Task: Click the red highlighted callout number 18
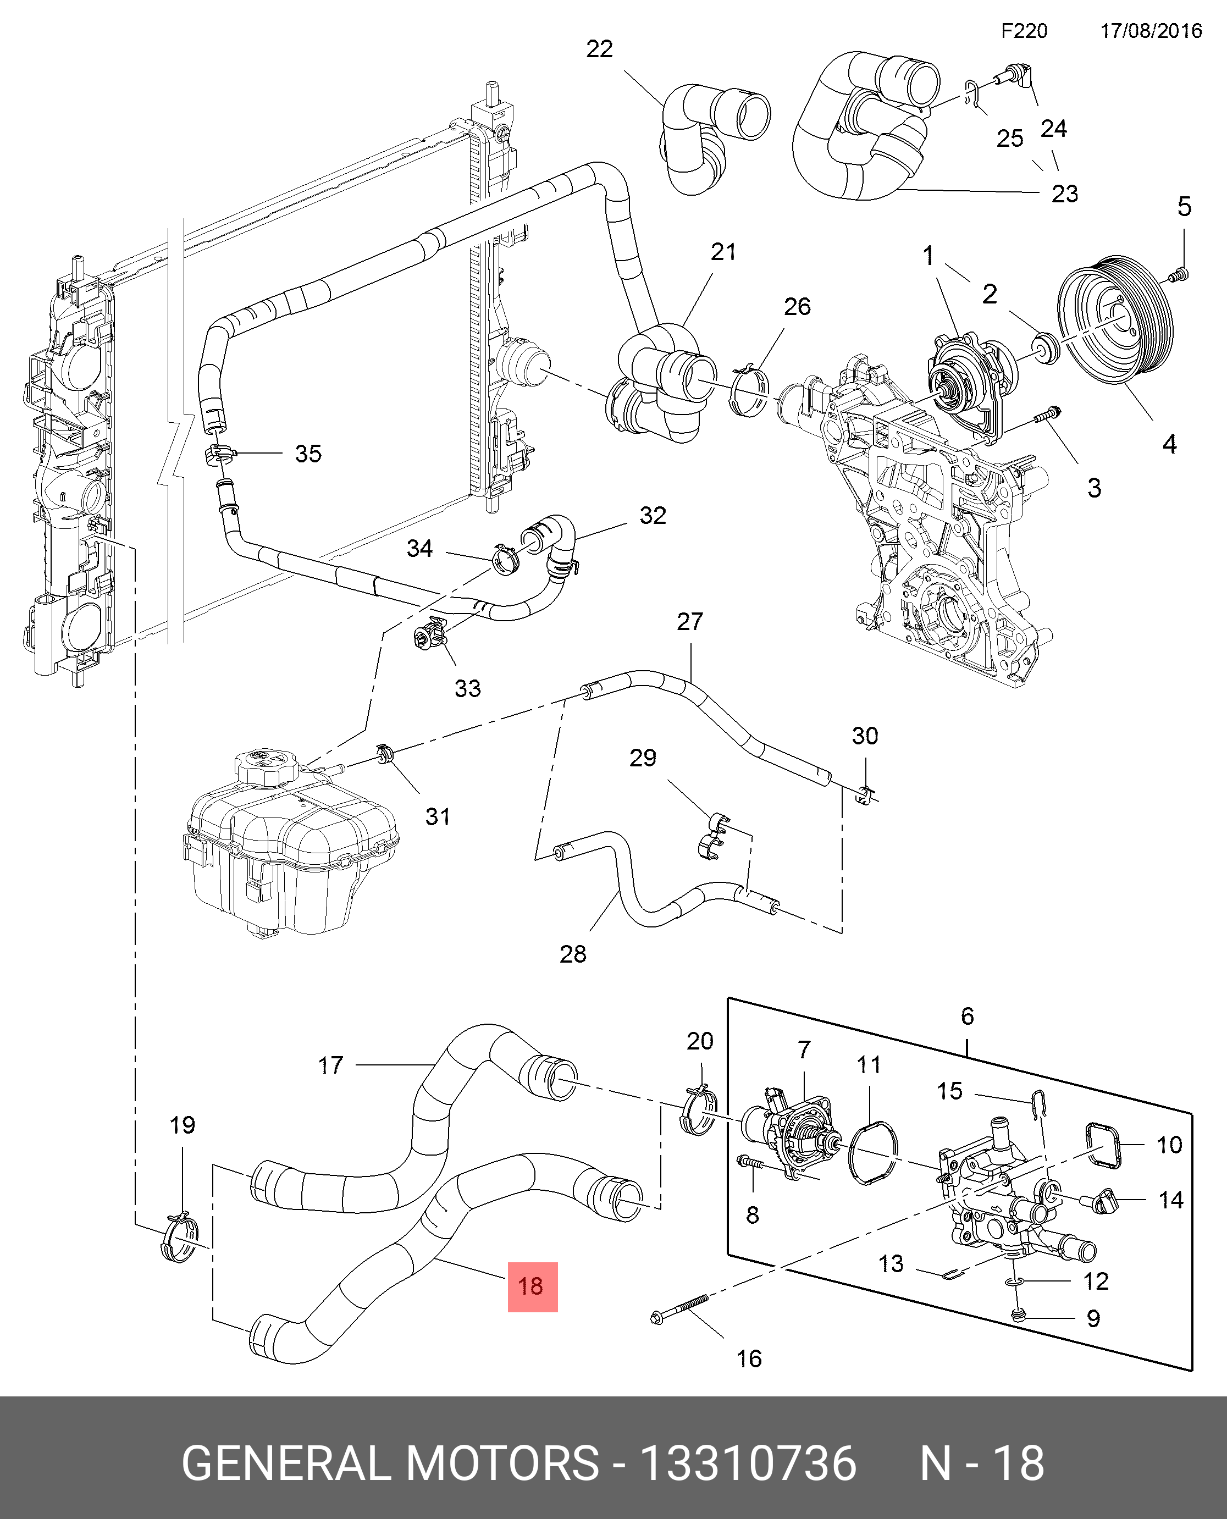pyautogui.click(x=532, y=1286)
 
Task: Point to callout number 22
pyautogui.click(x=599, y=49)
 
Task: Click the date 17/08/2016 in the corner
pyautogui.click(x=1151, y=30)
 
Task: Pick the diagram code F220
pyautogui.click(x=1024, y=30)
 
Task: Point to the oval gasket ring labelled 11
pyautogui.click(x=874, y=1152)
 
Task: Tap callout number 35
pyautogui.click(x=308, y=453)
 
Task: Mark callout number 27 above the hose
pyautogui.click(x=690, y=621)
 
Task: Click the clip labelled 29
pyautogui.click(x=714, y=837)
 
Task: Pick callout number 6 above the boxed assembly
pyautogui.click(x=967, y=1016)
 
